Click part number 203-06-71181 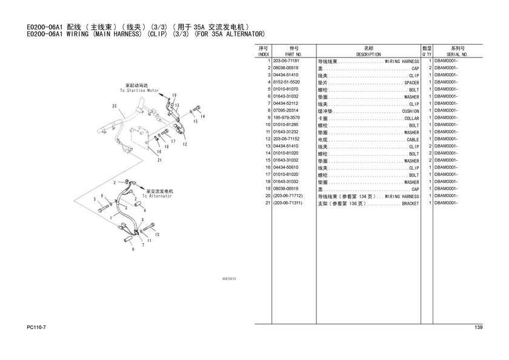point(286,61)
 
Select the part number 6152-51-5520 point(286,82)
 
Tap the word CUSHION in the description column point(411,112)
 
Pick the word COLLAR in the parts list point(411,119)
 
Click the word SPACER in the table point(411,83)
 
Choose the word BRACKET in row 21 point(411,204)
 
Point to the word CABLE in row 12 point(413,140)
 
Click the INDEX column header point(264,55)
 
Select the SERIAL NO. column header point(457,55)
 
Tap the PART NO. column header point(293,55)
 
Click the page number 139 point(479,327)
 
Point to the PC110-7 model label point(36,327)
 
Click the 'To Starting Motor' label point(139,90)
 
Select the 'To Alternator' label point(157,196)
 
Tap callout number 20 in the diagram point(115,106)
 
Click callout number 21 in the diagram point(159,160)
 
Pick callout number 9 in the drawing point(133,249)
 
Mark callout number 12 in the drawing point(185,144)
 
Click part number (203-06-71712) point(288,196)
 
